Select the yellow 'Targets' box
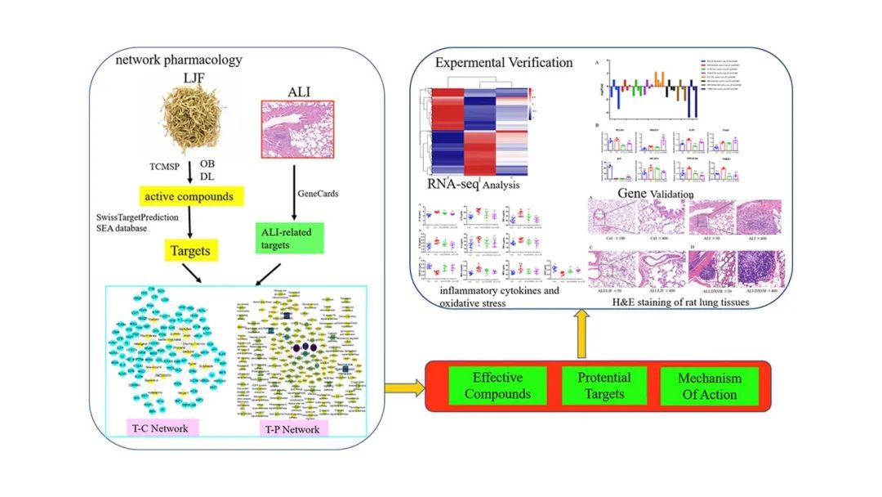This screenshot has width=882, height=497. coord(189,252)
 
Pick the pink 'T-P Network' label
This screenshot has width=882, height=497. coord(284,428)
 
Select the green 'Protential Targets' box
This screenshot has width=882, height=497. coord(604,386)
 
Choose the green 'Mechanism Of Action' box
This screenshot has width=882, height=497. coord(709,386)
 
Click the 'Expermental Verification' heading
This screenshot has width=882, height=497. coord(503,63)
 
